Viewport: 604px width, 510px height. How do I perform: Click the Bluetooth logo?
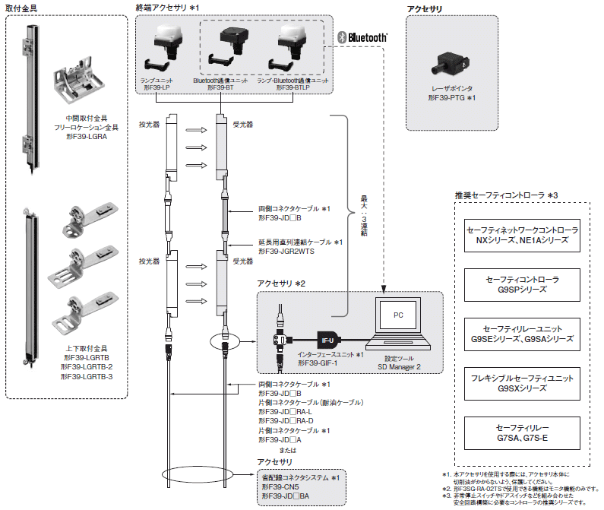point(363,37)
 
